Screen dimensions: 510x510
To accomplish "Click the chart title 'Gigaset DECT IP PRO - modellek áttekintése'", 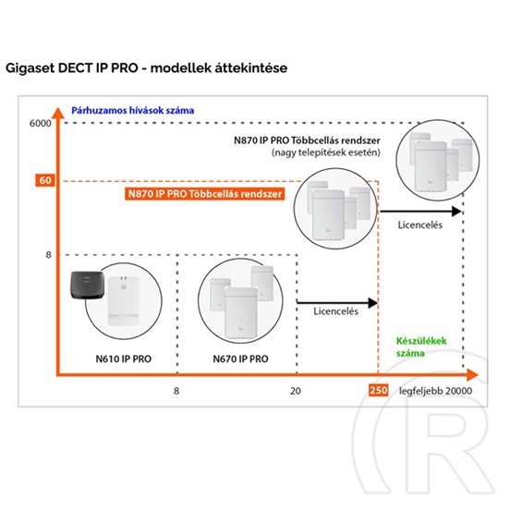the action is coord(146,68).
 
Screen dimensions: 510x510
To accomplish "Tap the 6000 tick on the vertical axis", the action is coord(41,123).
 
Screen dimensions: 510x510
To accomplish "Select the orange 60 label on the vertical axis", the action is coord(45,180).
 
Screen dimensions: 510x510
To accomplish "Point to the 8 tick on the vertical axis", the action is coord(48,255).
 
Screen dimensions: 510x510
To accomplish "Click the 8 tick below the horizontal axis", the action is coord(176,391).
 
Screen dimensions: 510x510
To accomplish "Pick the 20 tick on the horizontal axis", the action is coord(296,391).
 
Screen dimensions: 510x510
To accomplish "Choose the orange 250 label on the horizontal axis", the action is coord(378,390).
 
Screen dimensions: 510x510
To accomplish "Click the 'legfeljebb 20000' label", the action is coord(435,391).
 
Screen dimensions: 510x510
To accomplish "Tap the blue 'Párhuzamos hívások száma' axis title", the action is coord(133,111).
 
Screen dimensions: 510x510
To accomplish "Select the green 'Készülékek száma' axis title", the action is coord(421,346).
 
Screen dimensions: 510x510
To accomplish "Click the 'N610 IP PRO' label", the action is coord(123,358).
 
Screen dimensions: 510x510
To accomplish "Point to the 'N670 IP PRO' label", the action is coord(240,358).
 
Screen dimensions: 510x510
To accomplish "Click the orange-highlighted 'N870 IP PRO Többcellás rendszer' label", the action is coord(205,194).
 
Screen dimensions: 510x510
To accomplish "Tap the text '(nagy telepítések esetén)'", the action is coord(326,152).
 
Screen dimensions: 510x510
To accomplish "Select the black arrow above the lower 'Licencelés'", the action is coord(337,303).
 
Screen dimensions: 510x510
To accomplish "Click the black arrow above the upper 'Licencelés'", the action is coord(421,211).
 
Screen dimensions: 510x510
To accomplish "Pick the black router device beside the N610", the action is coord(87,285).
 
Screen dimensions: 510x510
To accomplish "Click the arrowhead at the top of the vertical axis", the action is coord(58,113).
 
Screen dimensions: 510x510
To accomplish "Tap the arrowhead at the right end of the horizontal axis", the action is coord(472,375).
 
